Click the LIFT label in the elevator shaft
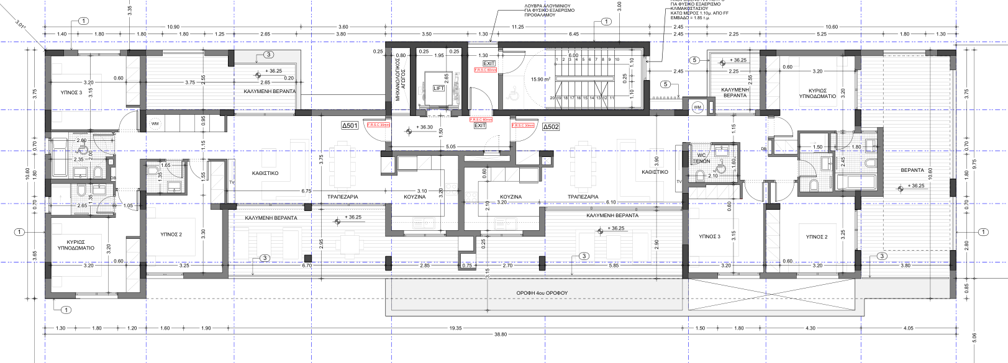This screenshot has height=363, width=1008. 439,88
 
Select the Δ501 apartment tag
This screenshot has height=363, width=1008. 350,126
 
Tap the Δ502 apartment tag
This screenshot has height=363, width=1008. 550,127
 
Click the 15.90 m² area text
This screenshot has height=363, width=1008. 540,79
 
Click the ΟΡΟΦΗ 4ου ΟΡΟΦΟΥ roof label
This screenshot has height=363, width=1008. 542,292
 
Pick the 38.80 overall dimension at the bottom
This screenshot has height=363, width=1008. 500,334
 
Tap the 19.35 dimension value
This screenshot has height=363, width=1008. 455,328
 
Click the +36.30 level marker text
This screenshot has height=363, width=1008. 424,127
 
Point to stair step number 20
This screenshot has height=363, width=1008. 552,98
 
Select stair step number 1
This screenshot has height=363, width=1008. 556,60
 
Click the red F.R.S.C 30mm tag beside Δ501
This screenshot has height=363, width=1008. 378,125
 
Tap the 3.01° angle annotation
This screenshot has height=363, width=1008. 21,26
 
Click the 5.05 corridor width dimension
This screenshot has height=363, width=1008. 451,147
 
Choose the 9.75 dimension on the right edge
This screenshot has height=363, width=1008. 974,164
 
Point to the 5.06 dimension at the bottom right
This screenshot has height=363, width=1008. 974,337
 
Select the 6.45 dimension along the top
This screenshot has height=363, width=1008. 573,34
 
